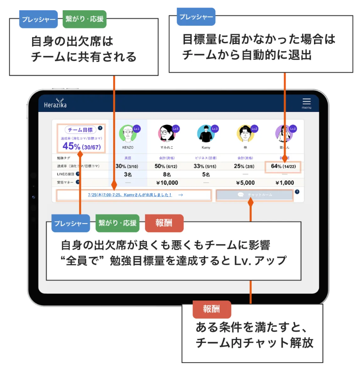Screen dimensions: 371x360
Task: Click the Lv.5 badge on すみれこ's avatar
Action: coord(176,129)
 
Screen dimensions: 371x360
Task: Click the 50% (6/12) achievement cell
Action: coord(166,166)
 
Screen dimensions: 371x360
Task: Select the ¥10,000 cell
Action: coord(166,183)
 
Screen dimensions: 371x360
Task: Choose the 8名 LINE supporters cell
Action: coord(166,174)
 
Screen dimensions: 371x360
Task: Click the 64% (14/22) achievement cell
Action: coord(283,166)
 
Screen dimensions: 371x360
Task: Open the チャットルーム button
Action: coord(255,195)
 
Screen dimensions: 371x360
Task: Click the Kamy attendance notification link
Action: coord(130,195)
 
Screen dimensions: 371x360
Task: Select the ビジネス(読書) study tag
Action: coord(206,158)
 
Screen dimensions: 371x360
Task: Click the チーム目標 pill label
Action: coord(81,130)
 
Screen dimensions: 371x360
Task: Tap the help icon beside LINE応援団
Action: coord(78,174)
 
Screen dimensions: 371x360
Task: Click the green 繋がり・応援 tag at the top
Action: coord(85,20)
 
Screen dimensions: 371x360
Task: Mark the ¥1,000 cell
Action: coord(285,183)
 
